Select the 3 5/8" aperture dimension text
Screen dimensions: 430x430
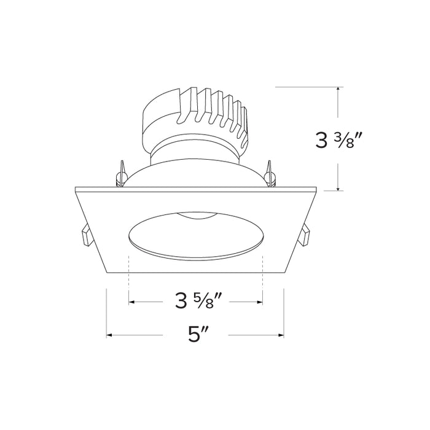point(195,302)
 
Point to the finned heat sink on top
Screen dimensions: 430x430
point(197,117)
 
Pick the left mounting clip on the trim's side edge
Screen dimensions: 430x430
point(84,237)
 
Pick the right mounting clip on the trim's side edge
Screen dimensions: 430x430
point(306,236)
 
